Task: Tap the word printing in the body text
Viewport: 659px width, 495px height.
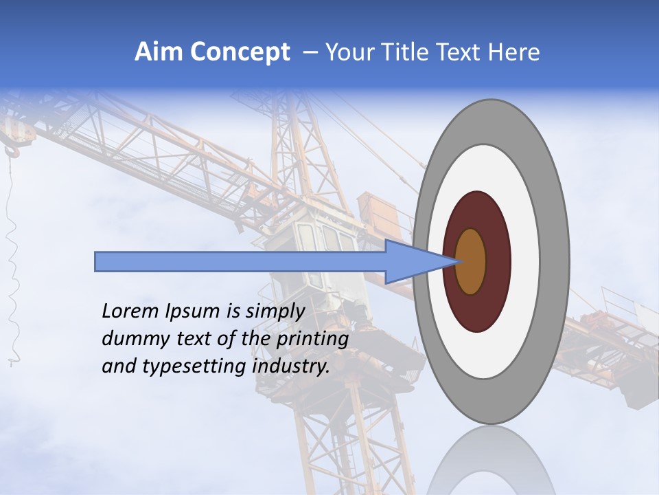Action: pyautogui.click(x=312, y=339)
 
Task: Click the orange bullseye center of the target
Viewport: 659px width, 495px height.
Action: pyautogui.click(x=472, y=262)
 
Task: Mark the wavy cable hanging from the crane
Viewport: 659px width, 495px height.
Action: pyautogui.click(x=12, y=275)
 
